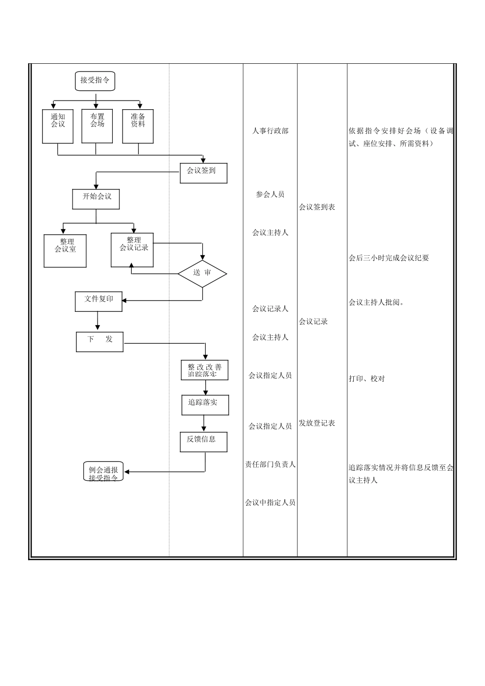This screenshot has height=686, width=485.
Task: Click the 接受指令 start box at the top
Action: [x=95, y=81]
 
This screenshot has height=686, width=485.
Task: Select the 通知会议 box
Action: [x=58, y=126]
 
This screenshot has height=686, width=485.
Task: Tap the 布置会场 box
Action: [x=97, y=126]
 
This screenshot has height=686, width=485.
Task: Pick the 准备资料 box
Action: [x=138, y=126]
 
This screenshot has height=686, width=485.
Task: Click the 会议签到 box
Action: [x=203, y=173]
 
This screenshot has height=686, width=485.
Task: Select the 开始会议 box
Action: [x=96, y=199]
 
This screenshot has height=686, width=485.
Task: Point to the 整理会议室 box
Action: [x=65, y=251]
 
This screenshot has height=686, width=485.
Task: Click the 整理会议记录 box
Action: [x=132, y=250]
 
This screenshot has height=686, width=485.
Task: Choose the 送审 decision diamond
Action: [x=202, y=273]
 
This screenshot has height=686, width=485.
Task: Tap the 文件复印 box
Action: [x=99, y=301]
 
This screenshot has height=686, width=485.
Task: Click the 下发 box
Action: [x=100, y=341]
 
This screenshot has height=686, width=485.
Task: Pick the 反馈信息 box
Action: [x=203, y=442]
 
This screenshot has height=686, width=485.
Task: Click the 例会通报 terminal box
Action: [x=104, y=471]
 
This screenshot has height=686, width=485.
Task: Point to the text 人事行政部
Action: [x=270, y=131]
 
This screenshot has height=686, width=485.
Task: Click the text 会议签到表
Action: [x=317, y=207]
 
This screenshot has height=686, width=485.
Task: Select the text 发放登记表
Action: [x=317, y=423]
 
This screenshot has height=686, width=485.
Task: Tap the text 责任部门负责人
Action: [x=270, y=464]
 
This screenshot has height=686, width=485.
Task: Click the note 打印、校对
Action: [x=367, y=379]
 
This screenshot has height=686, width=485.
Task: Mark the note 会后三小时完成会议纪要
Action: [x=389, y=258]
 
